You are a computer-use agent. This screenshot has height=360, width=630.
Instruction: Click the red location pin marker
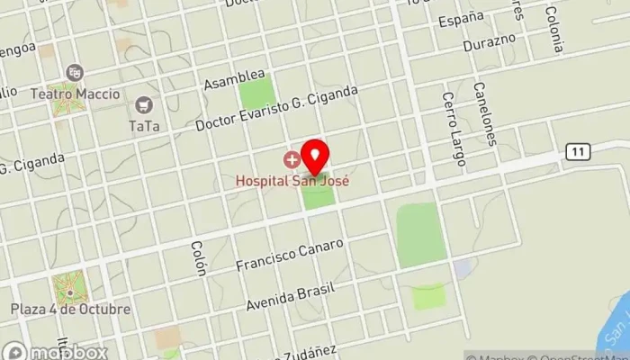314,157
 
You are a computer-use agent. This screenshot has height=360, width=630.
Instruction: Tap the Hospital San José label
292,180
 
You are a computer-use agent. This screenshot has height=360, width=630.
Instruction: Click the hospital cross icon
292,160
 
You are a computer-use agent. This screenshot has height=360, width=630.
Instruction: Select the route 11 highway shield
577,151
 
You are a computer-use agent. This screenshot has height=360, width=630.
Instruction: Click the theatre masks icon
75,72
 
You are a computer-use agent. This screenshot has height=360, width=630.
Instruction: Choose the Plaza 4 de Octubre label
70,309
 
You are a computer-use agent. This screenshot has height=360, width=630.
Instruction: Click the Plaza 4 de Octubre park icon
70,288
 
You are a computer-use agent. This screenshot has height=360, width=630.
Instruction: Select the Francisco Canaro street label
290,255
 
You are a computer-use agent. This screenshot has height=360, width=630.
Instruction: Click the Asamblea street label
234,78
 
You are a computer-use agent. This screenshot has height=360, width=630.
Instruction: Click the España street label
461,18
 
